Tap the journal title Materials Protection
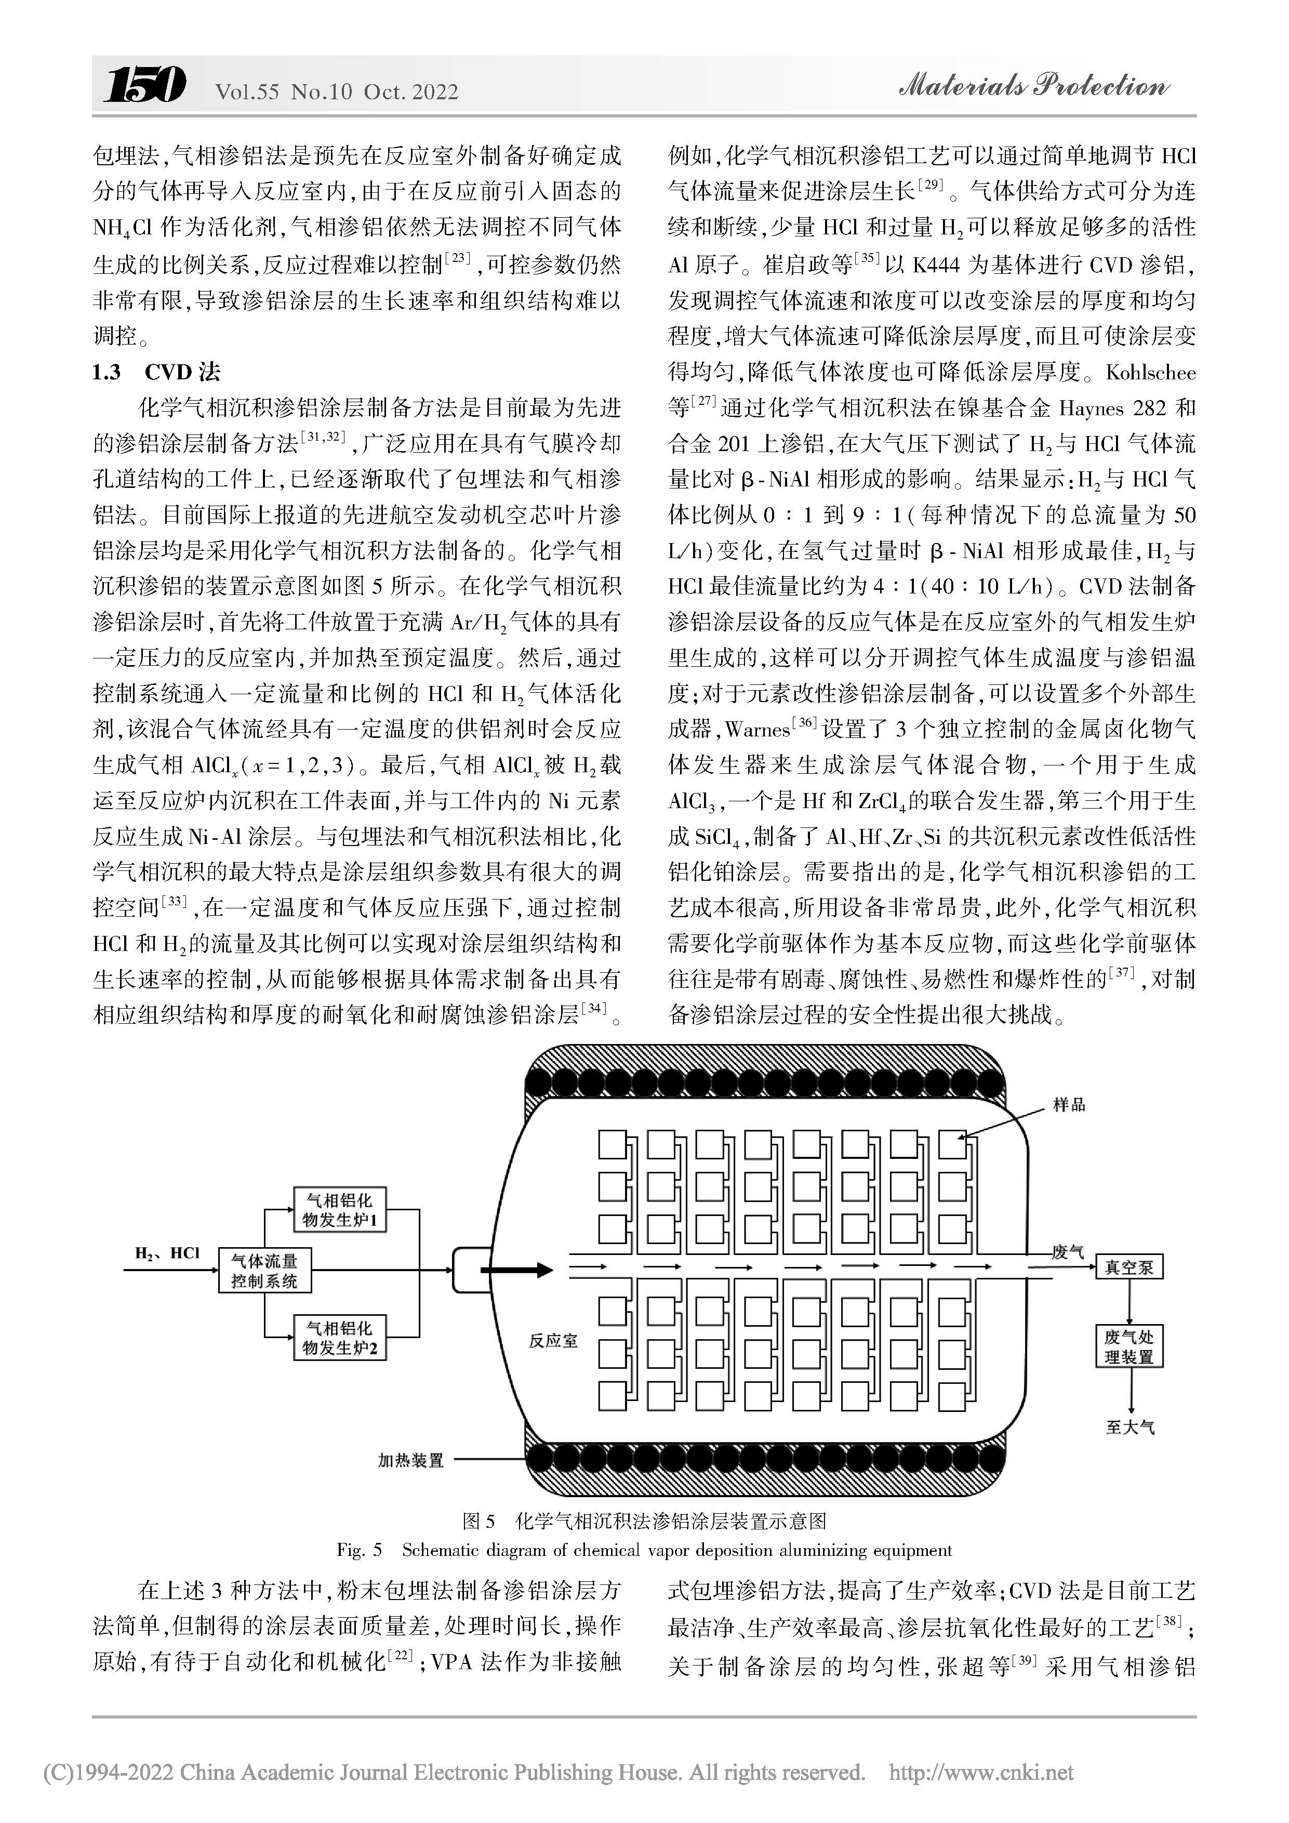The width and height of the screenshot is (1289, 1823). pos(1033,86)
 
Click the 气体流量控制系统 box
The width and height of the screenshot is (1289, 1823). pos(264,1271)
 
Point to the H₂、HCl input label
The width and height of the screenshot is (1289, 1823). pos(167,1254)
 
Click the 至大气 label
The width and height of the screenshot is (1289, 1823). pos(1129,1428)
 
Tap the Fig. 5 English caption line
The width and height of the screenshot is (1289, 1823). pos(644,1550)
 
